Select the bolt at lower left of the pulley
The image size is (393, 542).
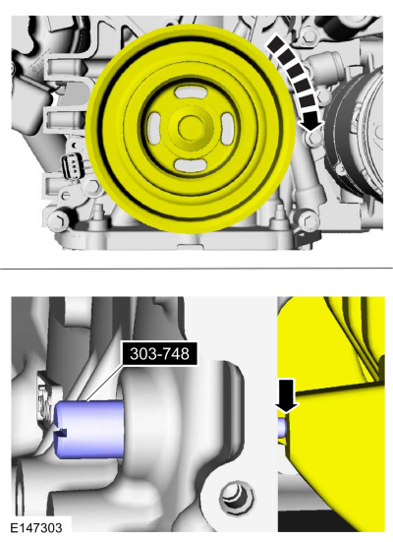click(62, 217)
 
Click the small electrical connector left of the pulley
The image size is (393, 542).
click(72, 164)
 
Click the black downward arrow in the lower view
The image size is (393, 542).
click(287, 395)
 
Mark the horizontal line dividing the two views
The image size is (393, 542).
click(196, 269)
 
